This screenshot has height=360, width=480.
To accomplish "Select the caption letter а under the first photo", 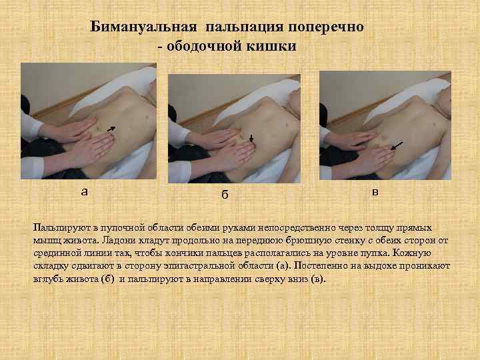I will (84, 191).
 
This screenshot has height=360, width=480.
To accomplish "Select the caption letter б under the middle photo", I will (225, 195).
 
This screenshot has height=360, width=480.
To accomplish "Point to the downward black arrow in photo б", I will (251, 139).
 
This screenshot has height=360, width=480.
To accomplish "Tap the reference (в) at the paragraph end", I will (318, 279).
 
